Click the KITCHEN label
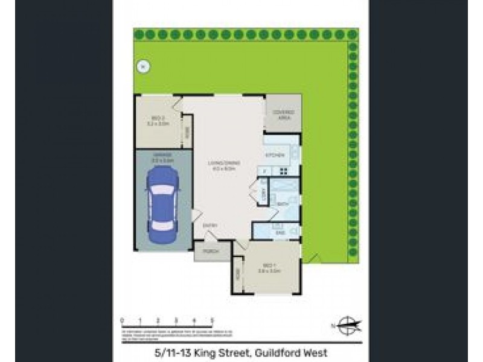tap(275, 156)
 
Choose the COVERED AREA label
tap(283, 115)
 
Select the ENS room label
tap(280, 232)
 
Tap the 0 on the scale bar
tap(123, 320)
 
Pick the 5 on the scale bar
tap(212, 320)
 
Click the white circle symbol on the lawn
tap(142, 67)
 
